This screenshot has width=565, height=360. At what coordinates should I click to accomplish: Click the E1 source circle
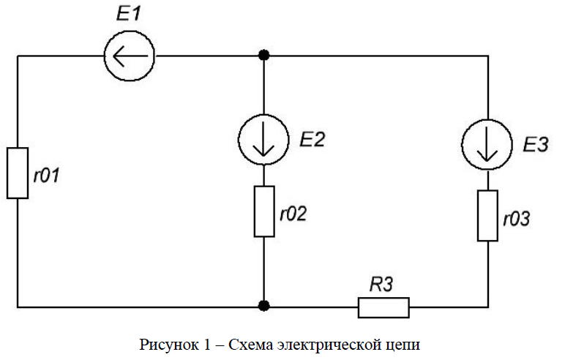click(x=129, y=56)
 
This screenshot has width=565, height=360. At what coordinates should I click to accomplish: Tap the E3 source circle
click(x=487, y=145)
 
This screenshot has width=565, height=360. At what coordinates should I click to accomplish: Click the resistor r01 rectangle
click(x=18, y=172)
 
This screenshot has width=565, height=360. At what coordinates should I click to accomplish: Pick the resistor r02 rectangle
click(x=264, y=211)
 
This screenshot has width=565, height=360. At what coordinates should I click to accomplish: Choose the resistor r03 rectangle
click(x=487, y=215)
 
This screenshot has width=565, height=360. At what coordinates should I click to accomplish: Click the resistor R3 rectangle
click(x=383, y=307)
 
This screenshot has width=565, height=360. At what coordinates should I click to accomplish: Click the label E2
click(x=311, y=140)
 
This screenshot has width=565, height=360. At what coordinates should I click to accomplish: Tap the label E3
click(x=536, y=145)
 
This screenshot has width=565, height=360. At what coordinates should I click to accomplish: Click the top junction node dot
click(x=264, y=56)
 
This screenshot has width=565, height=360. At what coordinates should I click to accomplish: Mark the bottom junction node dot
click(x=264, y=306)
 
